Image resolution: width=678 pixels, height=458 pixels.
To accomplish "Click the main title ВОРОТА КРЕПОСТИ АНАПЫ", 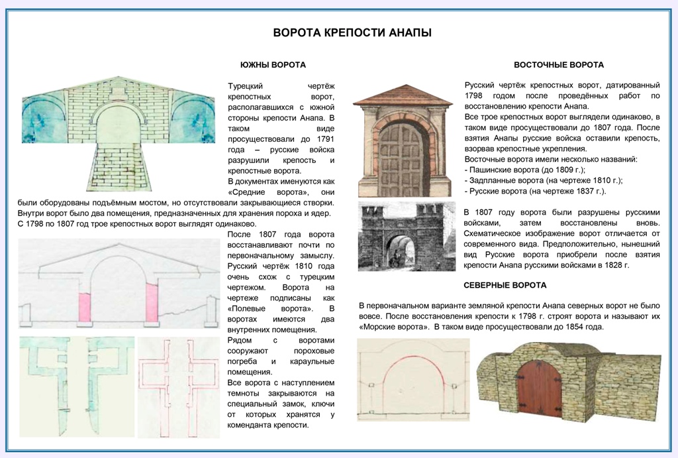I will click(352, 33).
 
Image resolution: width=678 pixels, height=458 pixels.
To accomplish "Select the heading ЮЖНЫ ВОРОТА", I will click(273, 65).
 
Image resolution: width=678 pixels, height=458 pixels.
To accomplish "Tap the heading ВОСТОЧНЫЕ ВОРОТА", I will click(558, 65).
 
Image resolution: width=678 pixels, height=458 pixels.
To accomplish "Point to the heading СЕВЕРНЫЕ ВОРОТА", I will click(514, 285).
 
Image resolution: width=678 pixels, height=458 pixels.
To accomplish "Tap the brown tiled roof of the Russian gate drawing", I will click(401, 97).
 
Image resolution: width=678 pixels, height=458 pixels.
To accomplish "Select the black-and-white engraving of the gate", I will click(407, 237).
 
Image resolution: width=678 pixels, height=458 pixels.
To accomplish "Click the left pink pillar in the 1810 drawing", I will click(85, 308).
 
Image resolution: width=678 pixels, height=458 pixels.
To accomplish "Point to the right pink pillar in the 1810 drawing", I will click(152, 304).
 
